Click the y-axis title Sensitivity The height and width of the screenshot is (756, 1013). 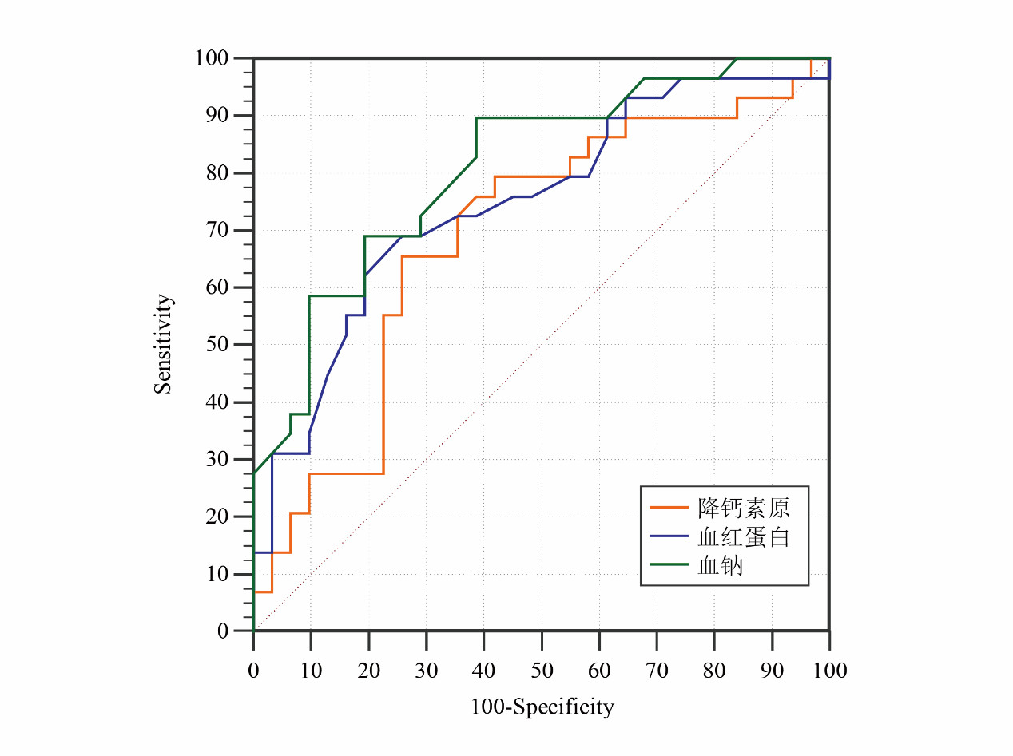(163, 344)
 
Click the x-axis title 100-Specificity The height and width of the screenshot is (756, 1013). (542, 707)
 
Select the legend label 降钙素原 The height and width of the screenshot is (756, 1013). (743, 507)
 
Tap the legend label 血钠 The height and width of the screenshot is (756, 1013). (721, 565)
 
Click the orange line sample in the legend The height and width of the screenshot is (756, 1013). (669, 507)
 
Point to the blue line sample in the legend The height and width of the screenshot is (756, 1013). (669, 536)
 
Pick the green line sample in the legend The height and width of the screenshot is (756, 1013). (669, 564)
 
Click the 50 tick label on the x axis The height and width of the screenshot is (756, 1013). (542, 671)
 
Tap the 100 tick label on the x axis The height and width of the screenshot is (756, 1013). (829, 671)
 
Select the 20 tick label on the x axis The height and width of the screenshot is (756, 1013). (369, 671)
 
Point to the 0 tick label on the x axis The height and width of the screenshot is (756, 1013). (254, 671)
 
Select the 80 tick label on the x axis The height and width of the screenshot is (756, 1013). (714, 671)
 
